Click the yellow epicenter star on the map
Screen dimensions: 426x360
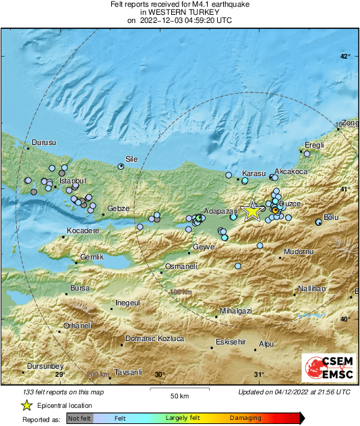[252, 210]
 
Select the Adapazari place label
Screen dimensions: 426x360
[218, 210]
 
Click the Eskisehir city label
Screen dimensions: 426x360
[229, 342]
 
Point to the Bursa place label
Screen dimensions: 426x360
[80, 288]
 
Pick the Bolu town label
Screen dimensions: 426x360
[331, 217]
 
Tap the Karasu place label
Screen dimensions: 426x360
[254, 173]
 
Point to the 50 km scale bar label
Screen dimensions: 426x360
[179, 395]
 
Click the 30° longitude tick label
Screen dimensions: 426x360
[160, 375]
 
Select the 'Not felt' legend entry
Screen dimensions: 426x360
[78, 419]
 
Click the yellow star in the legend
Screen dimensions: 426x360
[26, 405]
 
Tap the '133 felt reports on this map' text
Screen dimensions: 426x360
[63, 392]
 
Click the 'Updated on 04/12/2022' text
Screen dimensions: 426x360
[294, 392]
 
